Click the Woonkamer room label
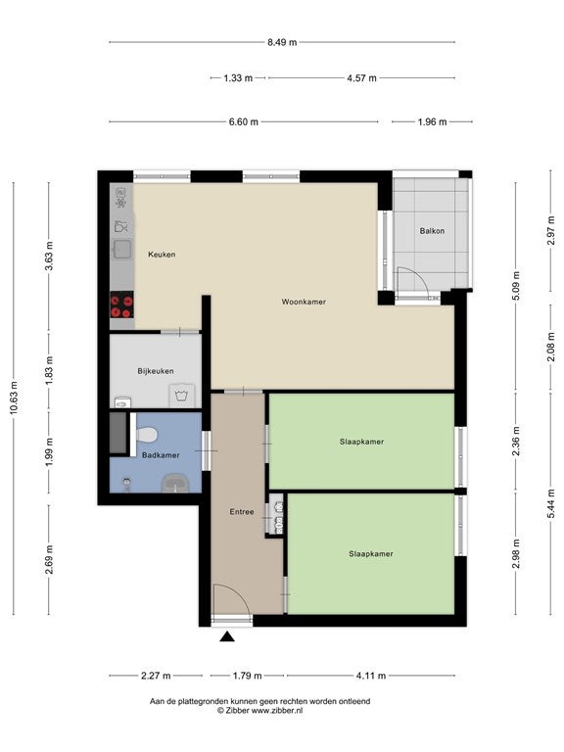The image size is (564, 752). (x=304, y=302)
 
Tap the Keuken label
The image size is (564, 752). (x=162, y=255)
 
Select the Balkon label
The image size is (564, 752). (x=432, y=231)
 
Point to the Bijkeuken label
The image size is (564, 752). (x=156, y=371)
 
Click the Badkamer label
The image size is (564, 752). (x=161, y=455)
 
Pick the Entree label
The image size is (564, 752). (x=242, y=512)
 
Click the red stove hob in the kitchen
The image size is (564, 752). (x=121, y=305)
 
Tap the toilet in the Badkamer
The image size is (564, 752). (x=146, y=435)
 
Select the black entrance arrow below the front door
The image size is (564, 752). (x=227, y=636)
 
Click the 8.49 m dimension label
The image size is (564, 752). (x=282, y=42)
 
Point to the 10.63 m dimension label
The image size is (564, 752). (x=14, y=398)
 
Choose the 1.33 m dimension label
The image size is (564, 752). (x=238, y=77)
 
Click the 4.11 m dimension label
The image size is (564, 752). (x=371, y=676)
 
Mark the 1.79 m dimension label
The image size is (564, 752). (x=247, y=676)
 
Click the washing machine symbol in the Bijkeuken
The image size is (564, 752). (x=181, y=396)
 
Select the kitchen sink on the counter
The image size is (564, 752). (x=122, y=249)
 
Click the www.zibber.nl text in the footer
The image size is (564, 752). (x=277, y=711)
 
